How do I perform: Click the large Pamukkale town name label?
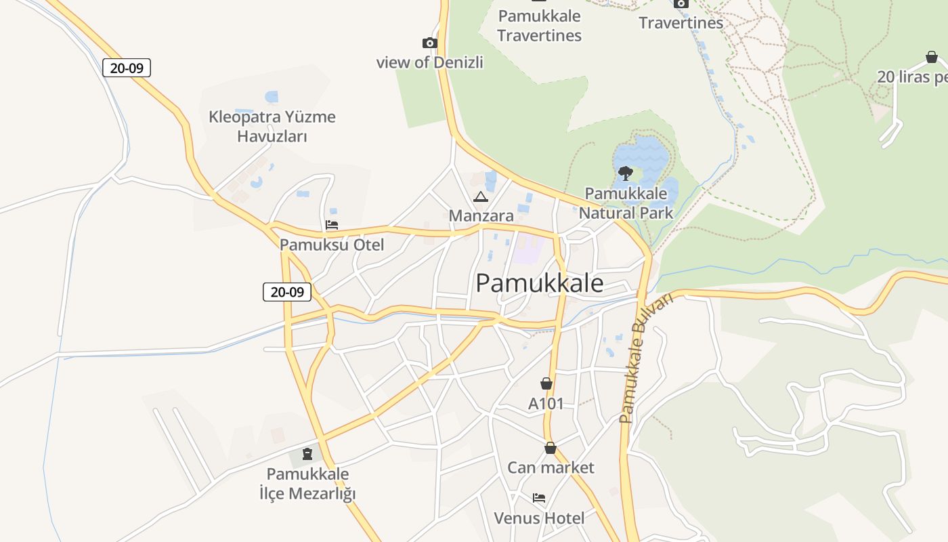tap(539, 283)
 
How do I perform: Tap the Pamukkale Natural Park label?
tap(626, 203)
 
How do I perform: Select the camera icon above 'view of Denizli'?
tap(429, 43)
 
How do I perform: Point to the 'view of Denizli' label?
tap(430, 62)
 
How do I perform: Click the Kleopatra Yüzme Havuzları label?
tap(272, 126)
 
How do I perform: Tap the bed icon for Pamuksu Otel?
tap(332, 225)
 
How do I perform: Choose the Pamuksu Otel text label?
tap(332, 245)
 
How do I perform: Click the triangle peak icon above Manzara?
tap(481, 197)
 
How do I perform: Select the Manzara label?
tap(481, 215)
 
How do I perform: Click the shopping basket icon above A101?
tap(546, 383)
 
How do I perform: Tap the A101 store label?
tap(546, 404)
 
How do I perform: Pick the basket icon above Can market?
tap(551, 448)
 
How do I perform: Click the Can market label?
tap(551, 467)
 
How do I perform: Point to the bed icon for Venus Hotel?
tap(539, 498)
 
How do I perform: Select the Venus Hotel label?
tap(539, 518)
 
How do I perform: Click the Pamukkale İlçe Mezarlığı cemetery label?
tap(307, 483)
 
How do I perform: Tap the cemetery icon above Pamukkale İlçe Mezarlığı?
tap(307, 453)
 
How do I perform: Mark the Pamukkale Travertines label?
tap(540, 25)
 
